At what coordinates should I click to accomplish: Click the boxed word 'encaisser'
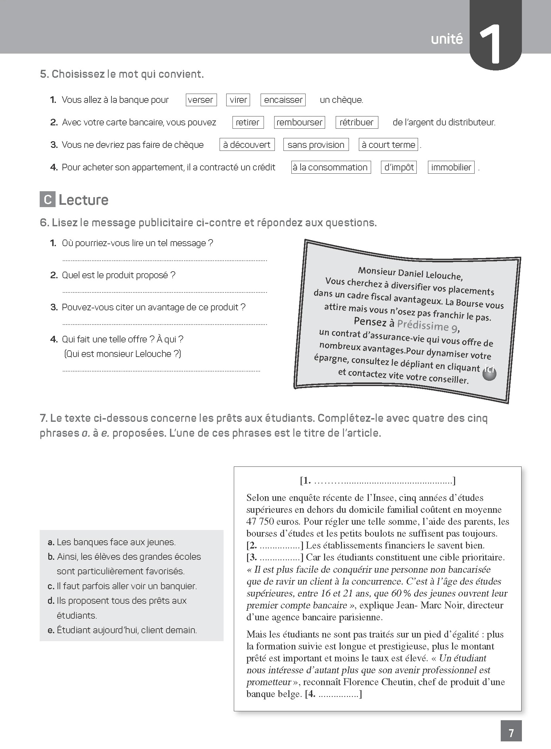point(283,100)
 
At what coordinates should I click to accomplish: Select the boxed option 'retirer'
point(247,122)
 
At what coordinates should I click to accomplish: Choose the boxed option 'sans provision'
point(316,145)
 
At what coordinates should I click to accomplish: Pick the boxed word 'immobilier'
point(451,167)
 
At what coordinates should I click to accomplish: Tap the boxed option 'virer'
point(238,100)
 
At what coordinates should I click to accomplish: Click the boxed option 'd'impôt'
point(399,167)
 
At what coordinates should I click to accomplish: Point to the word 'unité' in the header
point(446,39)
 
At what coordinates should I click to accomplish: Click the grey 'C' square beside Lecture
point(47,199)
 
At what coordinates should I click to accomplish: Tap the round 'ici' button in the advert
point(489,372)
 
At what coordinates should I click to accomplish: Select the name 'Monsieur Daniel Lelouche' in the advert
point(410,273)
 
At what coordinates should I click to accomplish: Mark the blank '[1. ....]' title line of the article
point(378,480)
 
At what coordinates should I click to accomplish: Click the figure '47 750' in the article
point(260,521)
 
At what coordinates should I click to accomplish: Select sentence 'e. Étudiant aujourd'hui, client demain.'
point(122,630)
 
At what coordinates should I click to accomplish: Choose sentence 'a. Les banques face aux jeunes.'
point(112,542)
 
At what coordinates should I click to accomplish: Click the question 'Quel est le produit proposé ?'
point(118,275)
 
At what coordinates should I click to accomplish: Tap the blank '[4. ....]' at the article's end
point(333,694)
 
